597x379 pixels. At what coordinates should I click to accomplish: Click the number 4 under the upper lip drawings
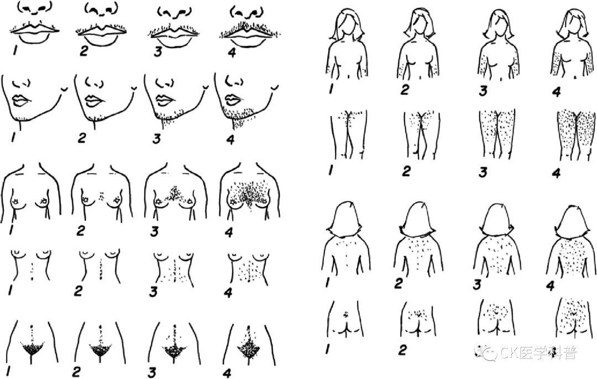coord(232,52)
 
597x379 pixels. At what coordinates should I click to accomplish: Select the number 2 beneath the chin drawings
coord(82,138)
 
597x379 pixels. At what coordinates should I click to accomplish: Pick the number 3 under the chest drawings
coord(154,231)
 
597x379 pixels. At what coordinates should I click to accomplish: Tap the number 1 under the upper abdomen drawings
coord(11,291)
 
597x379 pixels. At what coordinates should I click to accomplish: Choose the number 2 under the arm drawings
coord(405,90)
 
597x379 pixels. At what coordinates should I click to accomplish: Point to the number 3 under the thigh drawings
coord(483,172)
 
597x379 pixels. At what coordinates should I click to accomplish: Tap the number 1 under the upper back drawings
coord(327,283)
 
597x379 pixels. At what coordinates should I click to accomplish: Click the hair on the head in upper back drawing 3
coord(496,218)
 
